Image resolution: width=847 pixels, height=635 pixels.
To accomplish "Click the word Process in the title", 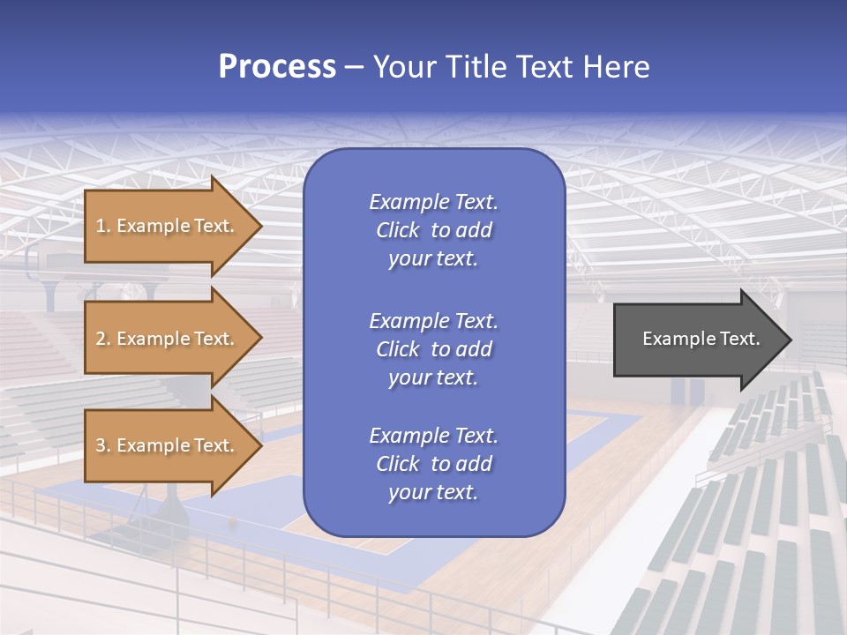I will tap(277, 67).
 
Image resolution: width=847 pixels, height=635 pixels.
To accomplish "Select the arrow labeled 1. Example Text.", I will tap(168, 226).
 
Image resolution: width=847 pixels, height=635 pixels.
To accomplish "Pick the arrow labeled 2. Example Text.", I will tap(168, 339).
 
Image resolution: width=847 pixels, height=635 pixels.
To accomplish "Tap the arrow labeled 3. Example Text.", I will tap(168, 446).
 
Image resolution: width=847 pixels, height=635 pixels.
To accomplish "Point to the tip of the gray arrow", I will tap(790, 340).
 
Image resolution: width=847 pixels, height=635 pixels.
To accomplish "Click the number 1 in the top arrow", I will tap(101, 226).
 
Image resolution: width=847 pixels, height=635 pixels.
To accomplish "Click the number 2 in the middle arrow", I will tap(101, 339).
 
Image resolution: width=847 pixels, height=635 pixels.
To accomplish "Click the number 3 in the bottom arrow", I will tap(101, 446).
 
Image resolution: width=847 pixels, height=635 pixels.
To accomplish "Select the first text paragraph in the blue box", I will tap(433, 230).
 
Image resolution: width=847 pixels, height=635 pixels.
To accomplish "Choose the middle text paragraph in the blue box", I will tap(433, 348).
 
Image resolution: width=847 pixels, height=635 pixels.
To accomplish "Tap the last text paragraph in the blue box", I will tap(433, 464).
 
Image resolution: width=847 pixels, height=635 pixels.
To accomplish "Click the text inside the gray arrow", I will tap(701, 339).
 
